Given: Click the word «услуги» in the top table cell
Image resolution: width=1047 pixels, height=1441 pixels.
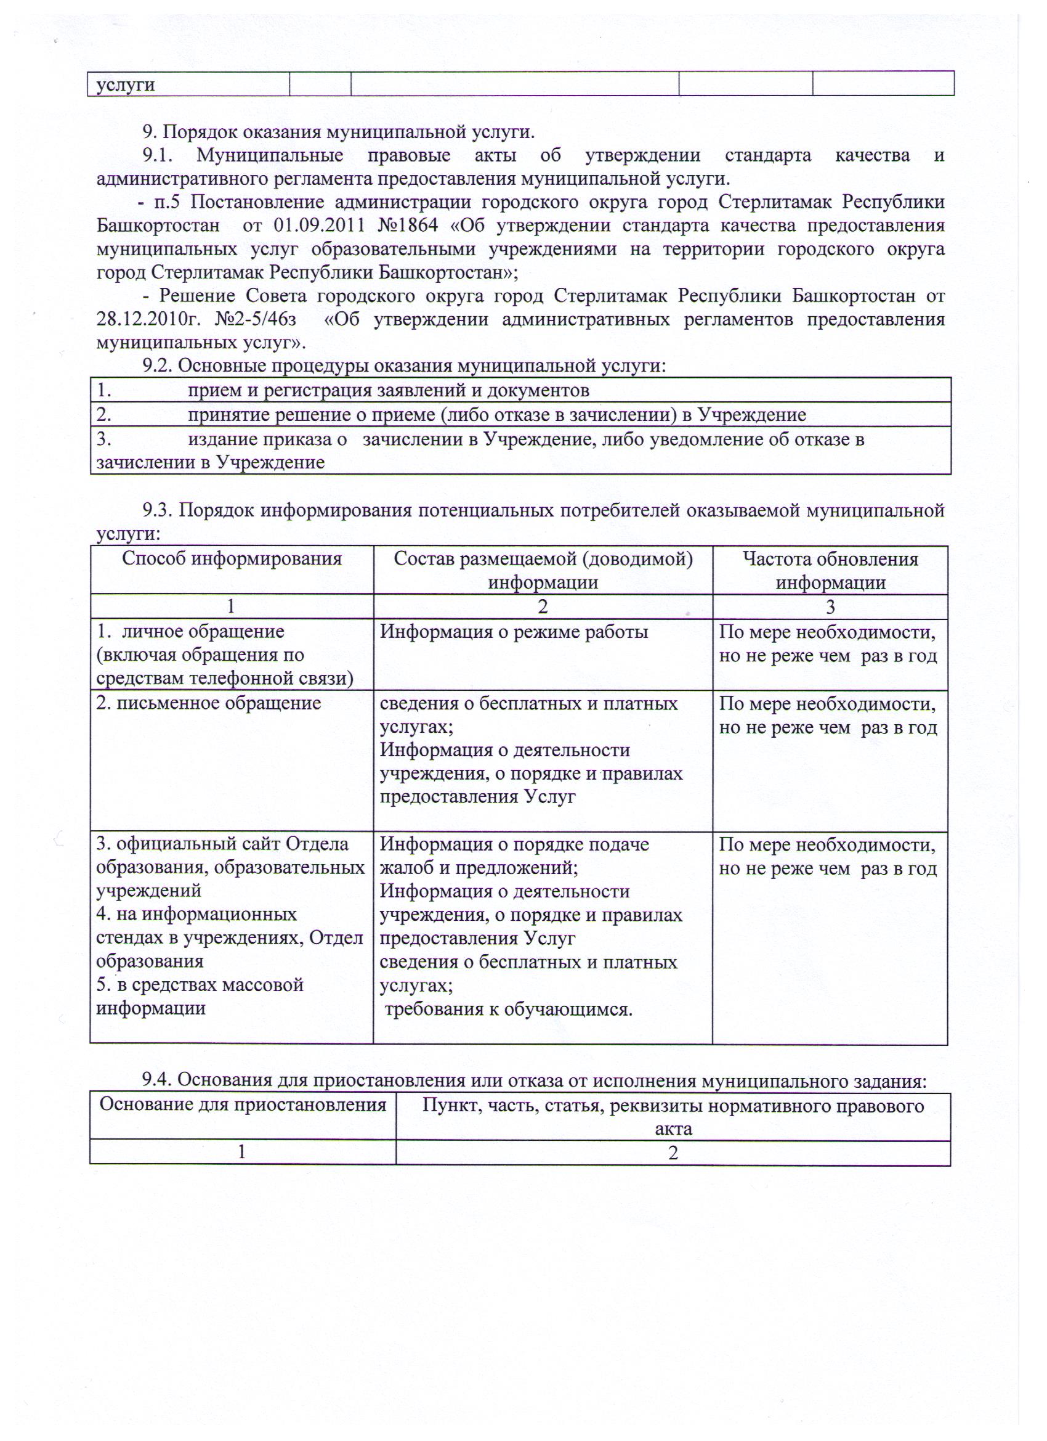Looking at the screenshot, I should click(125, 85).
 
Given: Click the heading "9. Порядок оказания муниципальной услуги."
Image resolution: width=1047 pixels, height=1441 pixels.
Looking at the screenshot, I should click(338, 132).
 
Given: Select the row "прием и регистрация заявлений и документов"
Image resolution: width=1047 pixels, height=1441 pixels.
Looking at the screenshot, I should click(388, 390).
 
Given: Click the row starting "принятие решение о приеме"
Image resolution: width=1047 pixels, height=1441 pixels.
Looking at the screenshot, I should click(496, 415).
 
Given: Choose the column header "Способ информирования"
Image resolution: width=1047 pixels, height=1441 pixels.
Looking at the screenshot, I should click(232, 559).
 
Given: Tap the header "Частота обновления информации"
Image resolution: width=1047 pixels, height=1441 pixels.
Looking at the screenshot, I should click(830, 571).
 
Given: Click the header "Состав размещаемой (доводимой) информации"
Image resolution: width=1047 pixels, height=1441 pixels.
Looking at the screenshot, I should click(543, 571).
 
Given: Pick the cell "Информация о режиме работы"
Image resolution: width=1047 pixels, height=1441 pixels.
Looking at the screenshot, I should click(514, 632).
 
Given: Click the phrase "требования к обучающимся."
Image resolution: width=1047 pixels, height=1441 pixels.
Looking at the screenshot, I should click(508, 1010).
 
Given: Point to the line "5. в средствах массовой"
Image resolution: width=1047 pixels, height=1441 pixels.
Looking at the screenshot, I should click(200, 985).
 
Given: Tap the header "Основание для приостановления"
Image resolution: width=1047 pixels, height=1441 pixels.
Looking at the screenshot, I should click(243, 1105).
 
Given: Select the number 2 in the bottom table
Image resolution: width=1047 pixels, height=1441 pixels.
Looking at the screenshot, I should click(673, 1153).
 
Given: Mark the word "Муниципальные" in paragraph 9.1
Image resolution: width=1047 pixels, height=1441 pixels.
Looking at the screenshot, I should click(270, 156).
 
